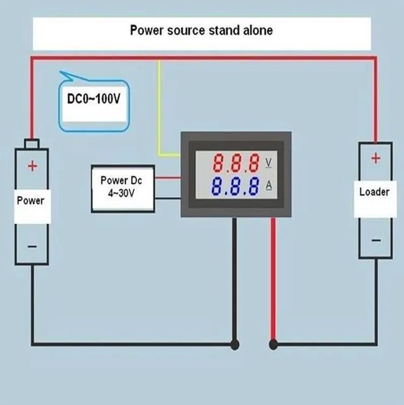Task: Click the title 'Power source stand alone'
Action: (x=202, y=30)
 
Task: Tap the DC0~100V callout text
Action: (x=94, y=99)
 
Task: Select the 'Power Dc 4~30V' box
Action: (x=123, y=189)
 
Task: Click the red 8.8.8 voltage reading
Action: (x=236, y=163)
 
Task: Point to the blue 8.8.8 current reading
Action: (x=235, y=186)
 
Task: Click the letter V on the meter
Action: (x=269, y=163)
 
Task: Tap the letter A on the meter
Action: (x=269, y=186)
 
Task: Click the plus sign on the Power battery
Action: (x=33, y=166)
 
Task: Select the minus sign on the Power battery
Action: (x=32, y=247)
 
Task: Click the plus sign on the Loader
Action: (x=375, y=158)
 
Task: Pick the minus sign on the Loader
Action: (x=376, y=240)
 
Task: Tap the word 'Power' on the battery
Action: (x=31, y=201)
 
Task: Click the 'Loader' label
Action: (x=374, y=192)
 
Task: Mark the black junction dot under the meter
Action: (x=234, y=344)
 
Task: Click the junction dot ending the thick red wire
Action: (x=273, y=344)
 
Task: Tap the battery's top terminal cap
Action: (x=32, y=144)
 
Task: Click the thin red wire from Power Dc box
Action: (x=168, y=178)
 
